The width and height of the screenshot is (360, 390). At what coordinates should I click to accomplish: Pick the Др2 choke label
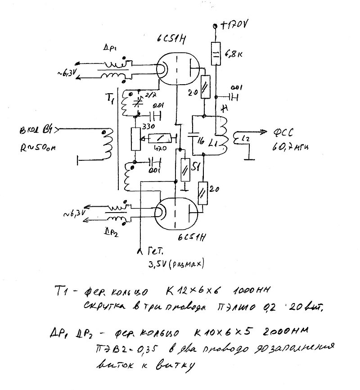click(x=111, y=232)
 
